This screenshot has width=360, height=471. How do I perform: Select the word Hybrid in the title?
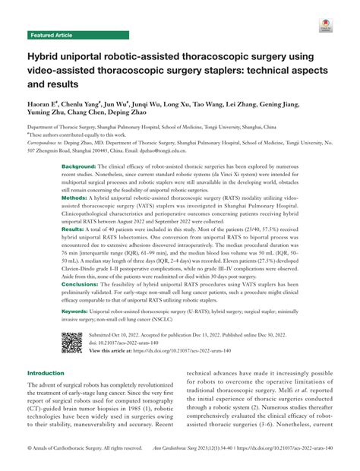[x=44, y=55]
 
